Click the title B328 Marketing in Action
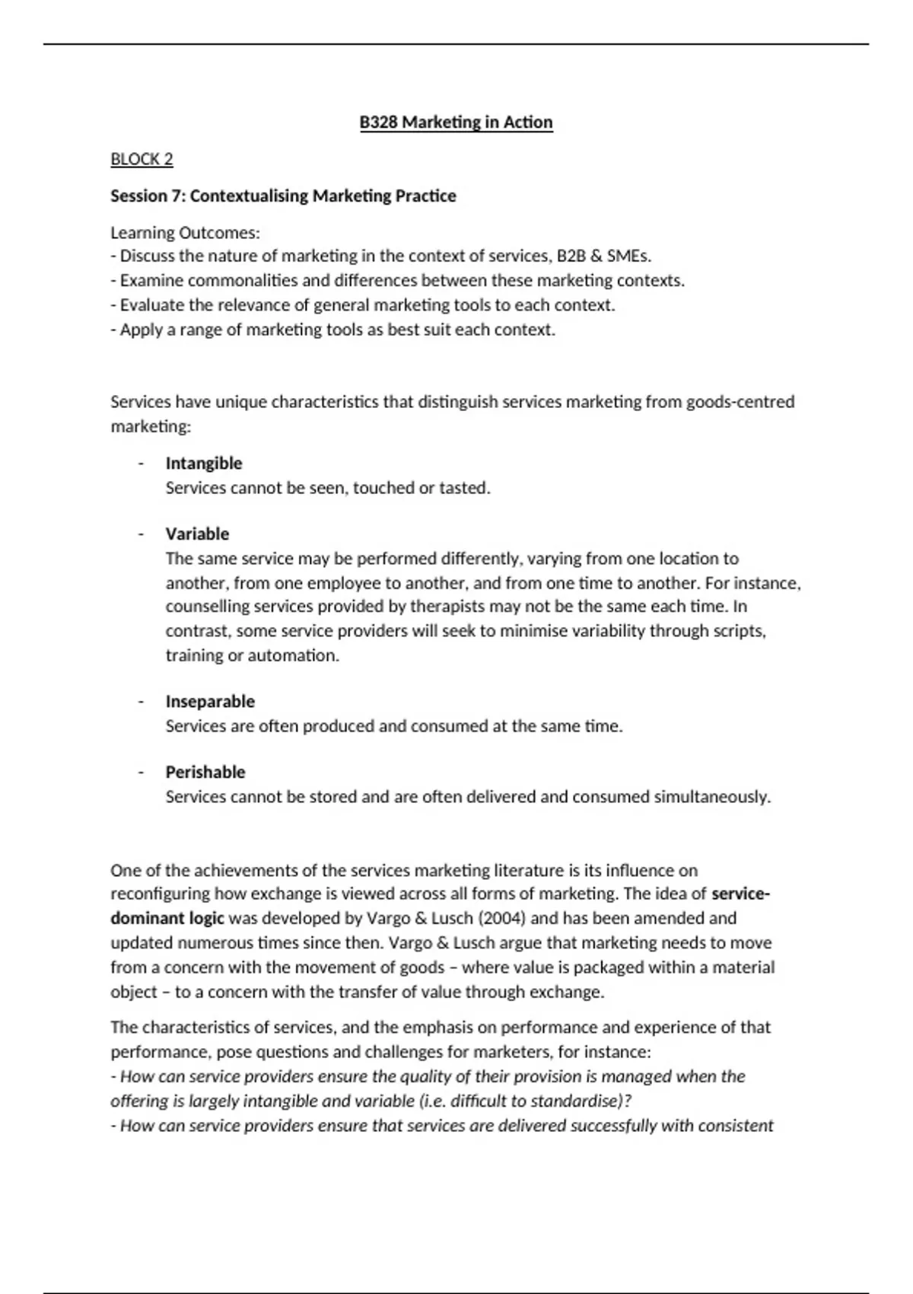click(456, 123)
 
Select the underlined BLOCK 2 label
click(142, 159)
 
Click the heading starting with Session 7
click(283, 196)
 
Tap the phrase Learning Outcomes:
click(185, 233)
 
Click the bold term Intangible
click(204, 464)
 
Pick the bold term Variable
click(197, 534)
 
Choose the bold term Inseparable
click(210, 702)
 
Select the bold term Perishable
click(205, 773)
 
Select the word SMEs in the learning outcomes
click(628, 257)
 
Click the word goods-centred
click(740, 402)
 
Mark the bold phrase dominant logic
click(167, 919)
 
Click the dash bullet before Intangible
click(141, 464)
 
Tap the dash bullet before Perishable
click(141, 773)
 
